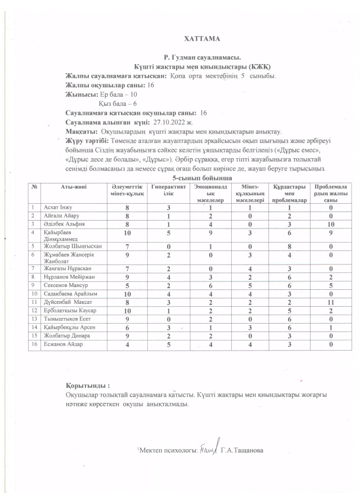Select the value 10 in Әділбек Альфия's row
332,224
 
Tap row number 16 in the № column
34,345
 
